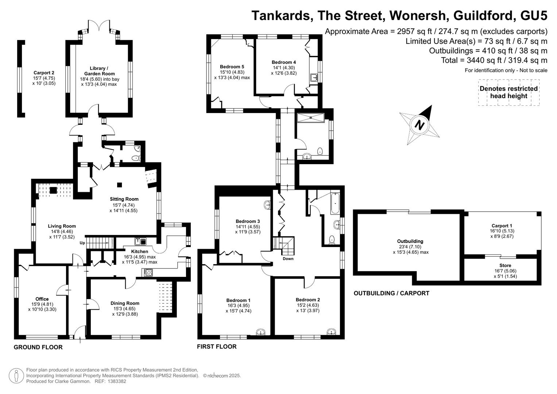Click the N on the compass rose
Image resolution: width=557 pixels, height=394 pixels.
click(420, 125)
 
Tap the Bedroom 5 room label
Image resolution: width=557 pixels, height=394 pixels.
click(232, 67)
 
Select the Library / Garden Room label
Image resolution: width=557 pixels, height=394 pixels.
click(99, 71)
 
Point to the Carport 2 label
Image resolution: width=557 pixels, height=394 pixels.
click(44, 73)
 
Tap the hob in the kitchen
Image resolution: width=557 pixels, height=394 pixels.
click(147, 273)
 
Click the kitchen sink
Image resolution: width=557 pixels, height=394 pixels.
click(140, 241)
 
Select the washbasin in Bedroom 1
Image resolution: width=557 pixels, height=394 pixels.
click(261, 332)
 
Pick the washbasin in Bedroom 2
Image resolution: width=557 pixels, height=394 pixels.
click(331, 332)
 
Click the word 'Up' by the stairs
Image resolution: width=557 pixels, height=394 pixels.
click(82, 243)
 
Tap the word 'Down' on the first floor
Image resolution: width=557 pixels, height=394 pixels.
click(288, 259)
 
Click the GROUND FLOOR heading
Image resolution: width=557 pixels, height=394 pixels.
click(38, 347)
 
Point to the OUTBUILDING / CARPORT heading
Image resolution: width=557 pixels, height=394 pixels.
click(391, 293)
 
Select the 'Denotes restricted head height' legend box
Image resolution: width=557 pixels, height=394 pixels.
click(509, 93)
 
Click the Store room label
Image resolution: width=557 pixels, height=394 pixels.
click(505, 266)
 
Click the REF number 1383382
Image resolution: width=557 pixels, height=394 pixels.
click(117, 381)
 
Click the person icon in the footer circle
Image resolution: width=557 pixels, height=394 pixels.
click(16, 376)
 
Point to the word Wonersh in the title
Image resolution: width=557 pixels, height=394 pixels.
click(419, 16)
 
